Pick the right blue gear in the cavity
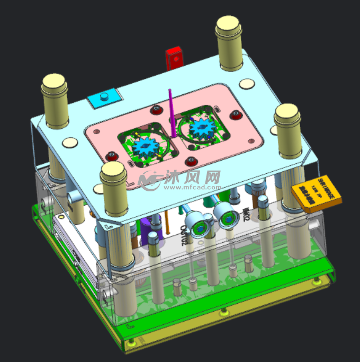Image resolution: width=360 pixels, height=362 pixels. pos(202,128)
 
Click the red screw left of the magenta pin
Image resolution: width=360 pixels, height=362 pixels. pos(156,110)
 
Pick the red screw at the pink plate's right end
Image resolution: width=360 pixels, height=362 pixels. pos(235,114)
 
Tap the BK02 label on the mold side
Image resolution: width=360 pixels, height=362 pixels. pos(246,215)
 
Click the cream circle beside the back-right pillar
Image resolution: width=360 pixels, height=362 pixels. pos(246,84)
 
